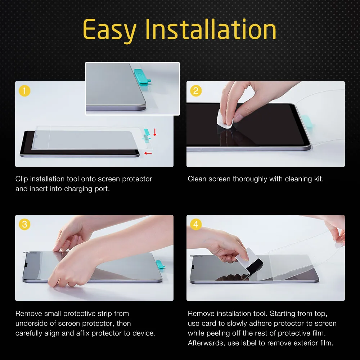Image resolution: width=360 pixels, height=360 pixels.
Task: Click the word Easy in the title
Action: click(109, 30)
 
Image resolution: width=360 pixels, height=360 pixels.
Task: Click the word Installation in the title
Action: click(211, 29)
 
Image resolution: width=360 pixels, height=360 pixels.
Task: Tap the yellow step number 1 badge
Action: click(24, 91)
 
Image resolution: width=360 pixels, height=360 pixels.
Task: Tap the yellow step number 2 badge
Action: click(196, 91)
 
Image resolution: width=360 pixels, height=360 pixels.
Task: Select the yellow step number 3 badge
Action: click(24, 224)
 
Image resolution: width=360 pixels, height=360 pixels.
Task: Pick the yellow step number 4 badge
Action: click(196, 224)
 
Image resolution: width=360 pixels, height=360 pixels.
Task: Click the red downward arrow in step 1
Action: click(155, 132)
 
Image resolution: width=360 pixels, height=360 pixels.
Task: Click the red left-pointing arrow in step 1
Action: click(148, 153)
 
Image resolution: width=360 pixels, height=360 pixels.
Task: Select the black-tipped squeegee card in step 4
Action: click(251, 261)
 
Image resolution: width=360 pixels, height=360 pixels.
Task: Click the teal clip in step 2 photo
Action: click(307, 123)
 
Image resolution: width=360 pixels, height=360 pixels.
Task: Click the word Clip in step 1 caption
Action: click(22, 179)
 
